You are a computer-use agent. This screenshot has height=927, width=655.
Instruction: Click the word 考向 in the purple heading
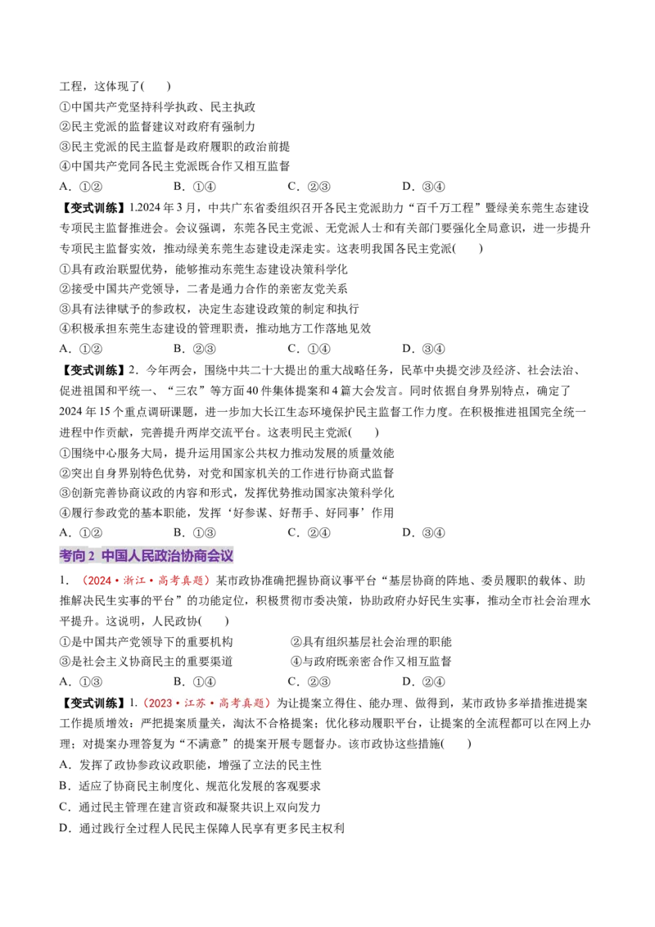[x=72, y=556]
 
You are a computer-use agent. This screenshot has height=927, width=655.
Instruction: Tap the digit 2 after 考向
[x=91, y=556]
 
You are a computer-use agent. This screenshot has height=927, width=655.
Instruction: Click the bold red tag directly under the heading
[x=145, y=581]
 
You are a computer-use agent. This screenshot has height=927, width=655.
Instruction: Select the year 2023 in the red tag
[x=161, y=703]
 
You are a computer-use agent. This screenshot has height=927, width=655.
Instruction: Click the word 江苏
[x=195, y=703]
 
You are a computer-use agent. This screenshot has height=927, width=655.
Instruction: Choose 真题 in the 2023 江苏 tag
[x=254, y=703]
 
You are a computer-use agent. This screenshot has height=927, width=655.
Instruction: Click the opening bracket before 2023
[x=147, y=703]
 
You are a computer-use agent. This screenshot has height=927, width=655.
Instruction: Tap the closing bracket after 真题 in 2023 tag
[x=267, y=703]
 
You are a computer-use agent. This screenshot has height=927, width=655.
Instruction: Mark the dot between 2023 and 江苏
[x=178, y=703]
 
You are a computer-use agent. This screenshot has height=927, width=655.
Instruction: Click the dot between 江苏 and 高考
[x=212, y=703]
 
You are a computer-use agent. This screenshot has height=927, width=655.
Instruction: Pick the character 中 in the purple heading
[x=108, y=556]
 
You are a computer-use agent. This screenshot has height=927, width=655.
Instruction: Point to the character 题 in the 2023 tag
[x=260, y=703]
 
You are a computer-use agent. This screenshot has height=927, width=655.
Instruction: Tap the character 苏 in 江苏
[x=201, y=703]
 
